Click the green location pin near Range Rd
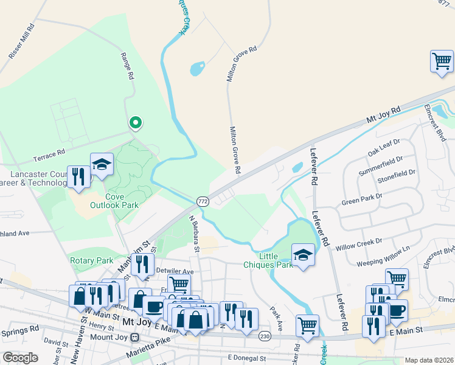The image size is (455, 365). coord(135,123)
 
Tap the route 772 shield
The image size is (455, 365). coord(203,201)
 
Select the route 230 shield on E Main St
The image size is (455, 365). coord(264,336)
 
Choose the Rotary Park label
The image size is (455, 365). coord(92,260)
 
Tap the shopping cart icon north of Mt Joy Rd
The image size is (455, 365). coord(442,61)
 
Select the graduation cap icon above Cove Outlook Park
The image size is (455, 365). coord(102,164)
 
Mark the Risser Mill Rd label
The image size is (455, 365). coord(22,41)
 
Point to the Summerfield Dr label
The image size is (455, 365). coord(381,164)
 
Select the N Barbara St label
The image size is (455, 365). coord(194,233)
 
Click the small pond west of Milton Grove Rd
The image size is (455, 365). coord(197,69)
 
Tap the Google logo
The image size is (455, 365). coord(20,357)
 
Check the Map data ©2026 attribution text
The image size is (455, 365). coord(428,360)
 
